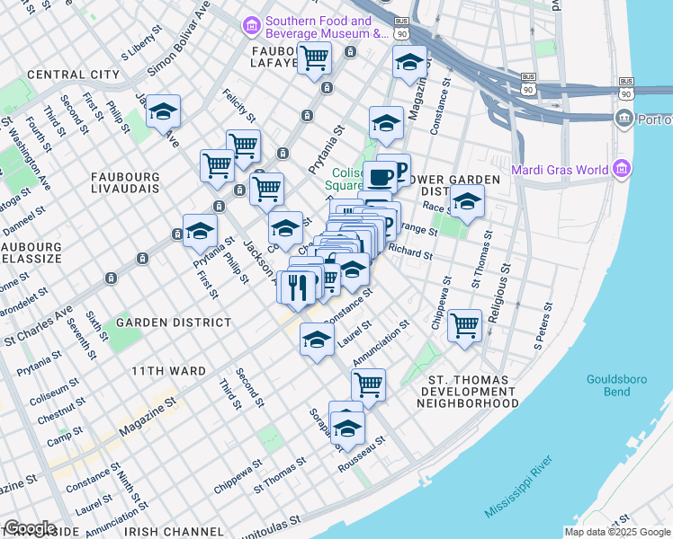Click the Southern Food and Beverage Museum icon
pos(251,28)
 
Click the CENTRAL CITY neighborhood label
pos(74,74)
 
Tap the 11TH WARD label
pos(168,370)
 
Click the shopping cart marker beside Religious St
pos(464,325)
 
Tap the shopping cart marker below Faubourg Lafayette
pos(314,58)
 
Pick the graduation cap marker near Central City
pos(163,111)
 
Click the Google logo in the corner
pos(30,528)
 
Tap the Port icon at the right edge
pos(623,119)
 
